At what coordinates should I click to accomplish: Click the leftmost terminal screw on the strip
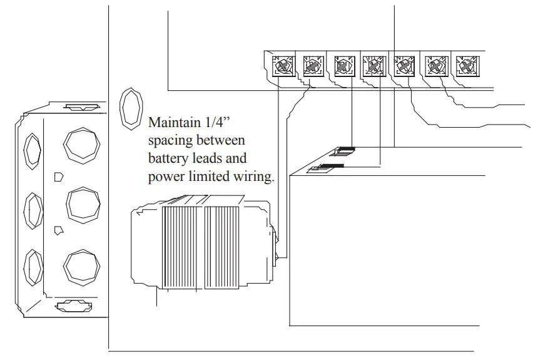[x=284, y=65]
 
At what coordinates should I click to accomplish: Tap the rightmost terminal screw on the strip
[x=465, y=65]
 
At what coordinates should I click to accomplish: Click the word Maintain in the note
[x=171, y=121]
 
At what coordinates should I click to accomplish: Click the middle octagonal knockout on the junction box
[x=84, y=203]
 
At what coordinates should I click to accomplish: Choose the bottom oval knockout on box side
[x=32, y=267]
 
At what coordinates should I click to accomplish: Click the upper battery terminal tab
[x=345, y=150]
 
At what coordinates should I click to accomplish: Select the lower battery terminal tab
[x=328, y=167]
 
